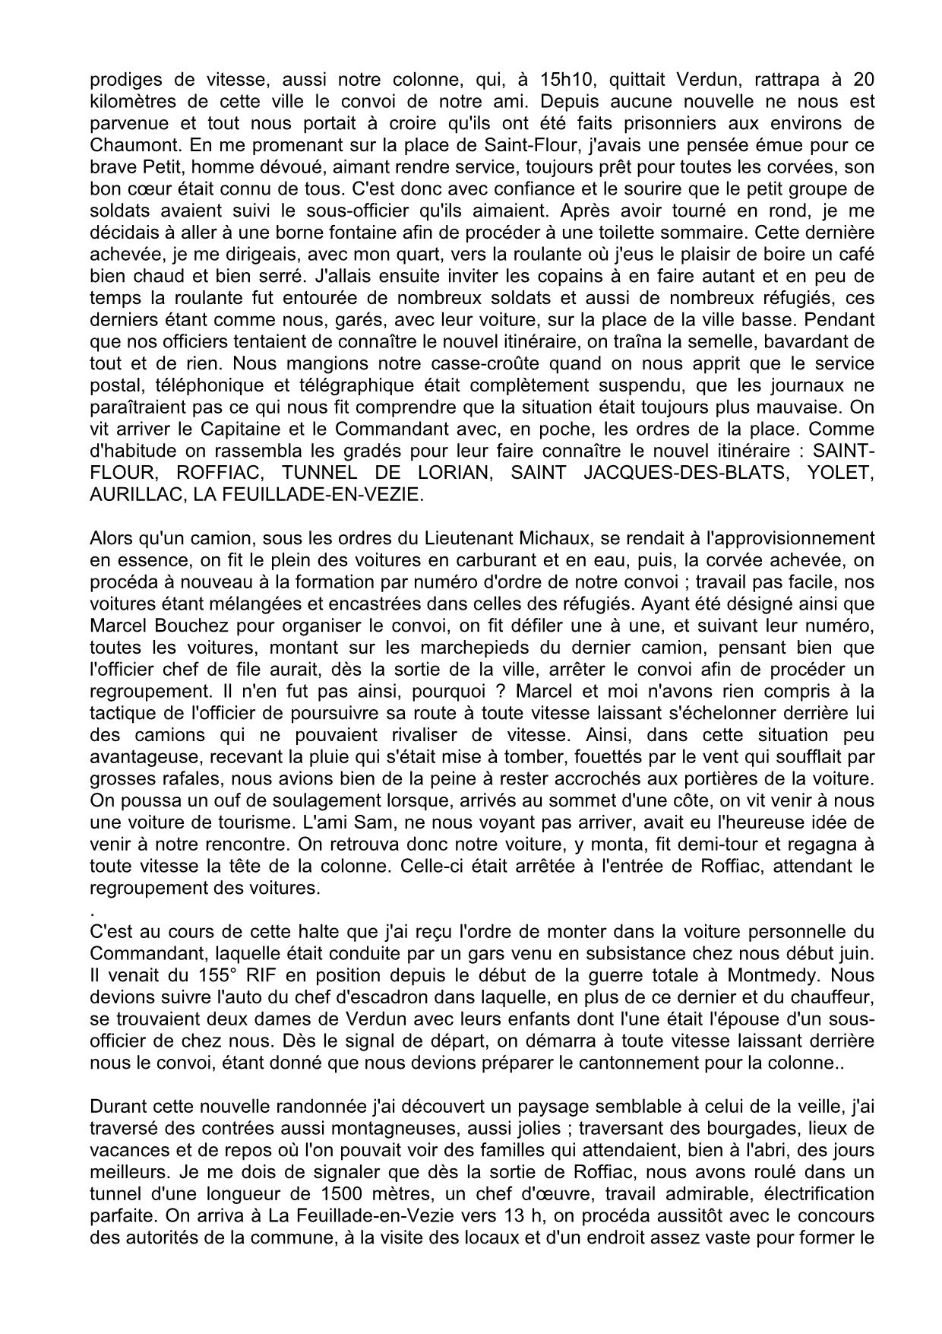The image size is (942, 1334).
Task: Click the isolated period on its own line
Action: [92, 910]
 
